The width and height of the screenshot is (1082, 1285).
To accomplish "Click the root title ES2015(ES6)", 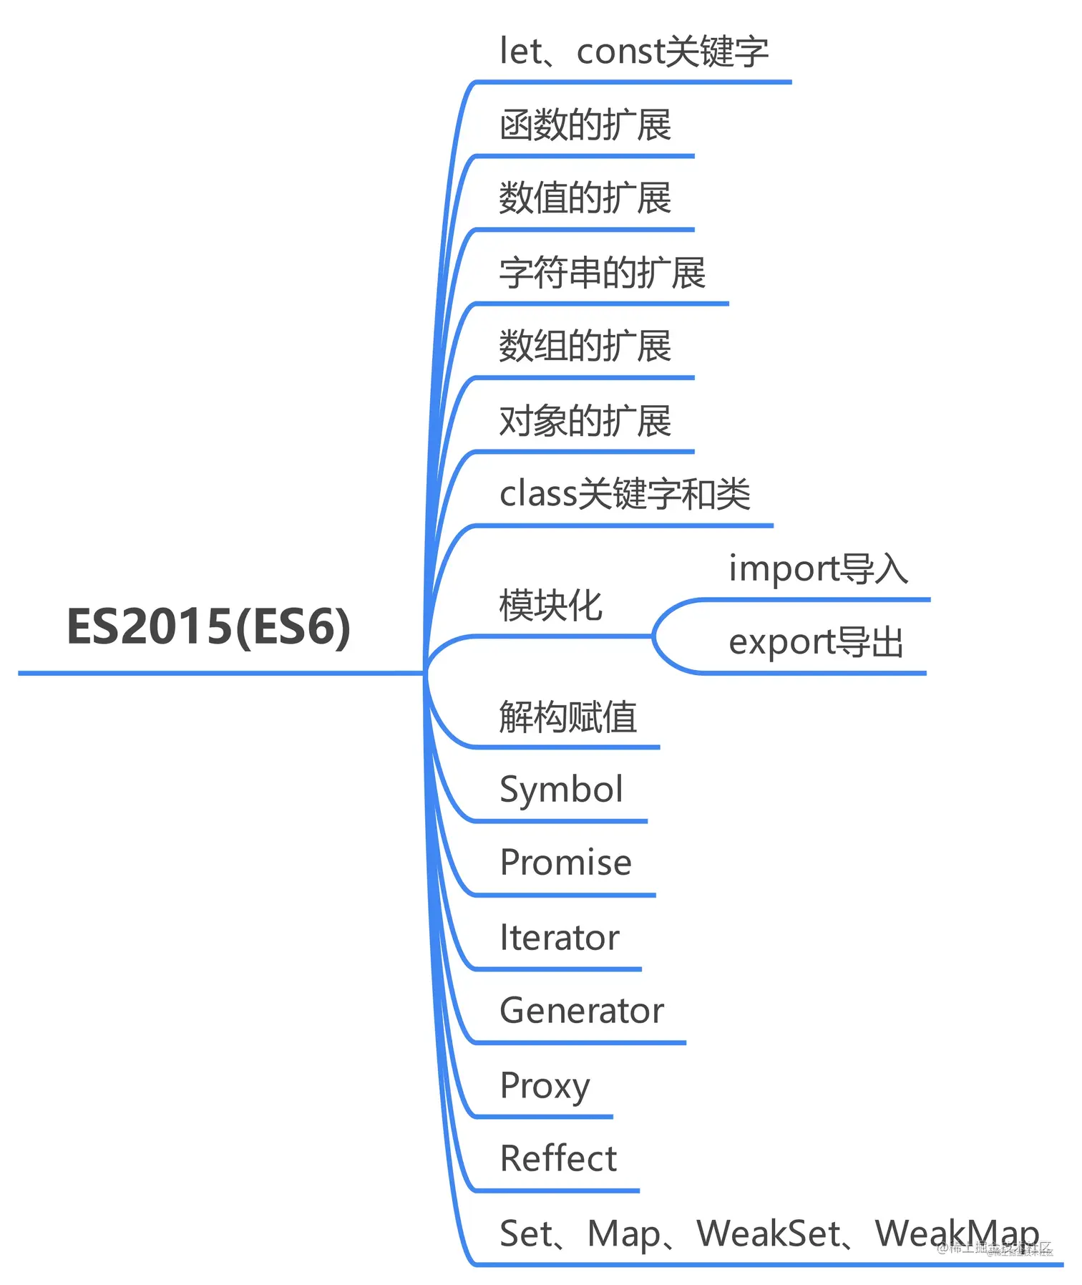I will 208,626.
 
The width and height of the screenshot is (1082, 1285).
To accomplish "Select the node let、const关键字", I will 633,52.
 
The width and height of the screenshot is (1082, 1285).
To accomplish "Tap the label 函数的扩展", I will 585,125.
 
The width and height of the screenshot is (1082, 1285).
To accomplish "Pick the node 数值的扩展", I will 585,198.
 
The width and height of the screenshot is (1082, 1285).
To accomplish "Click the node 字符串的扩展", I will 602,273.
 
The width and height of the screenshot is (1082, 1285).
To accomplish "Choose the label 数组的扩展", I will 585,346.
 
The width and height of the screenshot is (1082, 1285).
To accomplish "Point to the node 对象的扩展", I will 585,420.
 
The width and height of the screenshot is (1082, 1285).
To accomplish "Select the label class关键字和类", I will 625,494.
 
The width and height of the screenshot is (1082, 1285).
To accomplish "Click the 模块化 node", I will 550,606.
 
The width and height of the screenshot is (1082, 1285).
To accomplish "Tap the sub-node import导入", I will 818,569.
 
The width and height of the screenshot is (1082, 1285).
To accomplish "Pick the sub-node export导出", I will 816,642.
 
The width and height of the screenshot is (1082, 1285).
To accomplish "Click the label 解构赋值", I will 567,717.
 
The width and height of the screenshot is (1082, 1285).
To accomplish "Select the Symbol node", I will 561,790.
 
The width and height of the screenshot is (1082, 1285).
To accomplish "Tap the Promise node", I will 565,863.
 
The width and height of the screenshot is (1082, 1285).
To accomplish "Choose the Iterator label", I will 559,938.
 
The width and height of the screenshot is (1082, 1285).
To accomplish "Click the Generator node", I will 581,1011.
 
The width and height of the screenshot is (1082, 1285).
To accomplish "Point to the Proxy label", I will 545,1086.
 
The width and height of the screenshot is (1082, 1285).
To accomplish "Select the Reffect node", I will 558,1159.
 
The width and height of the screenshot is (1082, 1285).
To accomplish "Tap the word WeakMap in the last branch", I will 957,1233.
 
